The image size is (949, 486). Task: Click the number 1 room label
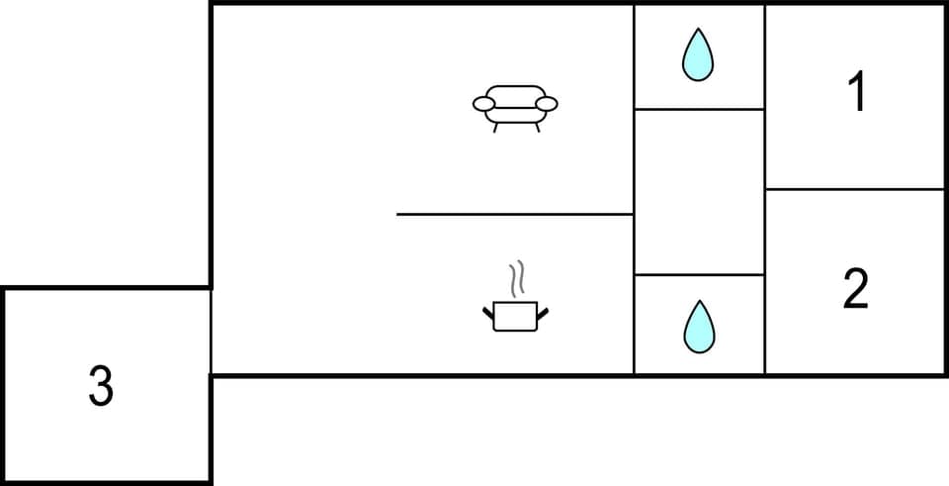(x=857, y=92)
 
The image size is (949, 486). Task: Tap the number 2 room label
(x=856, y=288)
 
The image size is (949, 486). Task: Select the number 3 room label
(x=100, y=386)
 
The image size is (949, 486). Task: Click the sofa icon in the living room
(x=515, y=105)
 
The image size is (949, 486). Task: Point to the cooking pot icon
(x=515, y=315)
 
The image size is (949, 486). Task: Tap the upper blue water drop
(x=698, y=54)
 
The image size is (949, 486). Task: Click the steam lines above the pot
(x=515, y=278)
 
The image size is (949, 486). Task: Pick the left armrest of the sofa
(x=484, y=103)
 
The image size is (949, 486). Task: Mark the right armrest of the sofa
(x=547, y=103)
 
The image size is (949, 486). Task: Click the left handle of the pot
(x=487, y=314)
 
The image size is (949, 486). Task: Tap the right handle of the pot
(x=542, y=314)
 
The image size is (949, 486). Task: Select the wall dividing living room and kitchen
(x=514, y=214)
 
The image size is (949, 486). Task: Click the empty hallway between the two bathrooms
(x=699, y=191)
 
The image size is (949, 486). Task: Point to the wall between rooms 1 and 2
(x=855, y=189)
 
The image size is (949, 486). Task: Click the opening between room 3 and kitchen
(x=212, y=332)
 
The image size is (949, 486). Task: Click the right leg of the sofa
(x=538, y=127)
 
